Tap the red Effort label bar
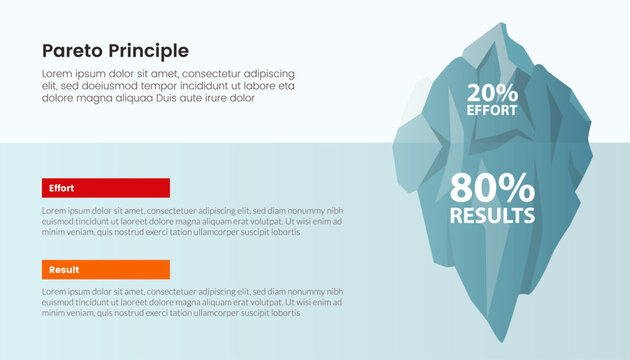pyautogui.click(x=106, y=187)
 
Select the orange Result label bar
pyautogui.click(x=106, y=269)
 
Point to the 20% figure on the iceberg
pyautogui.click(x=492, y=93)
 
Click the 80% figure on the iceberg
pyautogui.click(x=492, y=189)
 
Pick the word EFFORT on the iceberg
pyautogui.click(x=492, y=111)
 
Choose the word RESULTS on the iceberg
pyautogui.click(x=492, y=215)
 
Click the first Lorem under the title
pyautogui.click(x=57, y=74)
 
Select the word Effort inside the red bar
pyautogui.click(x=62, y=187)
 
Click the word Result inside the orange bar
pyautogui.click(x=64, y=269)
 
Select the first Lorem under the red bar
pyautogui.click(x=55, y=211)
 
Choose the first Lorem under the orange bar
pyautogui.click(x=55, y=293)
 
